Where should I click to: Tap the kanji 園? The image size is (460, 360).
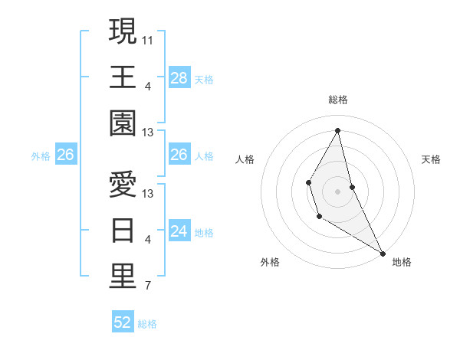coord(123,123)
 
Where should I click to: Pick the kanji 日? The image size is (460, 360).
coord(123,230)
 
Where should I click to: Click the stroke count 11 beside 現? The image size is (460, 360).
coord(148,38)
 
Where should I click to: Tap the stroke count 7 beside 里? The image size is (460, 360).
coord(148,286)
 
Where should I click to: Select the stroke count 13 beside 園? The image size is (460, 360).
coord(148,133)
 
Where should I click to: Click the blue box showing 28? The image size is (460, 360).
coord(179,77)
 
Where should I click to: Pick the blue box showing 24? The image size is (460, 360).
coord(179,231)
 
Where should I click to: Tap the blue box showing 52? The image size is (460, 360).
coord(123,322)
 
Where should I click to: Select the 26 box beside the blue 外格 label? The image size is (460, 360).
coord(65,155)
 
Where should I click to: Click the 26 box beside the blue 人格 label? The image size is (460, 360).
coord(179,155)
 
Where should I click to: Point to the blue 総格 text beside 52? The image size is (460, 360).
coord(147,323)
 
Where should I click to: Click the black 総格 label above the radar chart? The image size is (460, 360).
coord(337,100)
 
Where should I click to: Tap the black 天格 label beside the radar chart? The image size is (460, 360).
coord(431,159)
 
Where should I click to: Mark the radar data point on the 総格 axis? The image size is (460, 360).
coord(337,130)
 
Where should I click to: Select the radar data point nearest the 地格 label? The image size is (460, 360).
coord(383,254)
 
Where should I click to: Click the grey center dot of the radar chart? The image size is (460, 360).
coord(337,190)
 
